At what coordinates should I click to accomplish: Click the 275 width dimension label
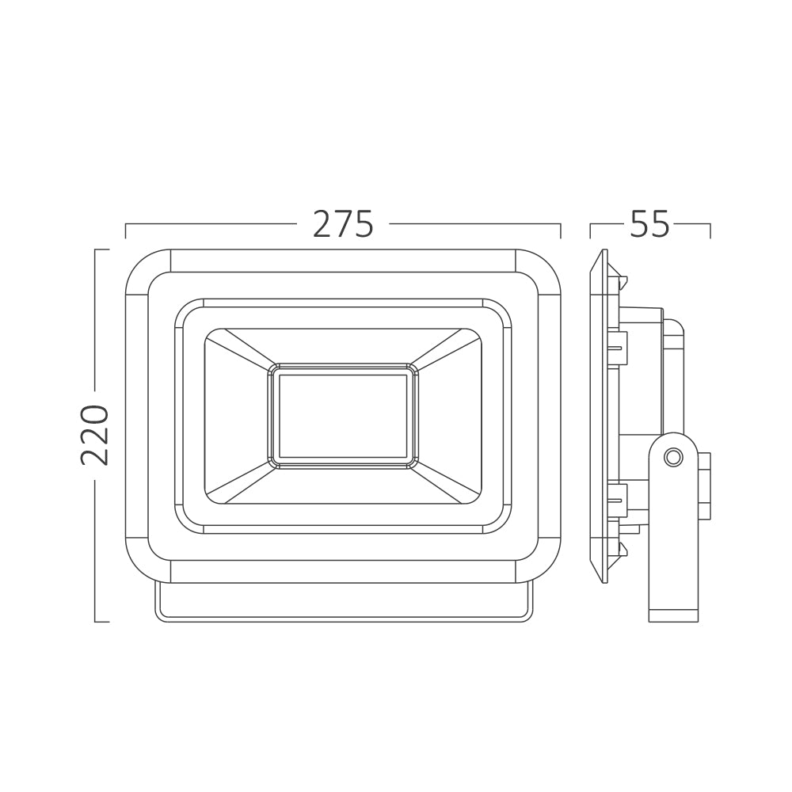pos(343,225)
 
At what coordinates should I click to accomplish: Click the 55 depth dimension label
pos(649,225)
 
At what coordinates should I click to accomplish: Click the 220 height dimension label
pos(95,435)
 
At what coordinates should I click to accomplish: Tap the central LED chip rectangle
pos(343,416)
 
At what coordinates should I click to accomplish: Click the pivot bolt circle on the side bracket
pos(673,457)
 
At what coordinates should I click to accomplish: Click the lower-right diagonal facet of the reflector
pos(447,483)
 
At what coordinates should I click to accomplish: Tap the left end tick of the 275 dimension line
pos(126,230)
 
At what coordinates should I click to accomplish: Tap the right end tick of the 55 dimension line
pos(710,230)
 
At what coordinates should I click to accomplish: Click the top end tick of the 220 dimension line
pos(101,249)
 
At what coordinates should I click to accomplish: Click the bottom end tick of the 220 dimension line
pos(101,622)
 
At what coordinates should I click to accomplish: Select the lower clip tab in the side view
pos(618,498)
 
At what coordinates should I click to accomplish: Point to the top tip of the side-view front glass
pos(604,253)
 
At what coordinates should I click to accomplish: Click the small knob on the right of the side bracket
pos(704,485)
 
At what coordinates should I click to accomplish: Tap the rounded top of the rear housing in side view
pos(673,327)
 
